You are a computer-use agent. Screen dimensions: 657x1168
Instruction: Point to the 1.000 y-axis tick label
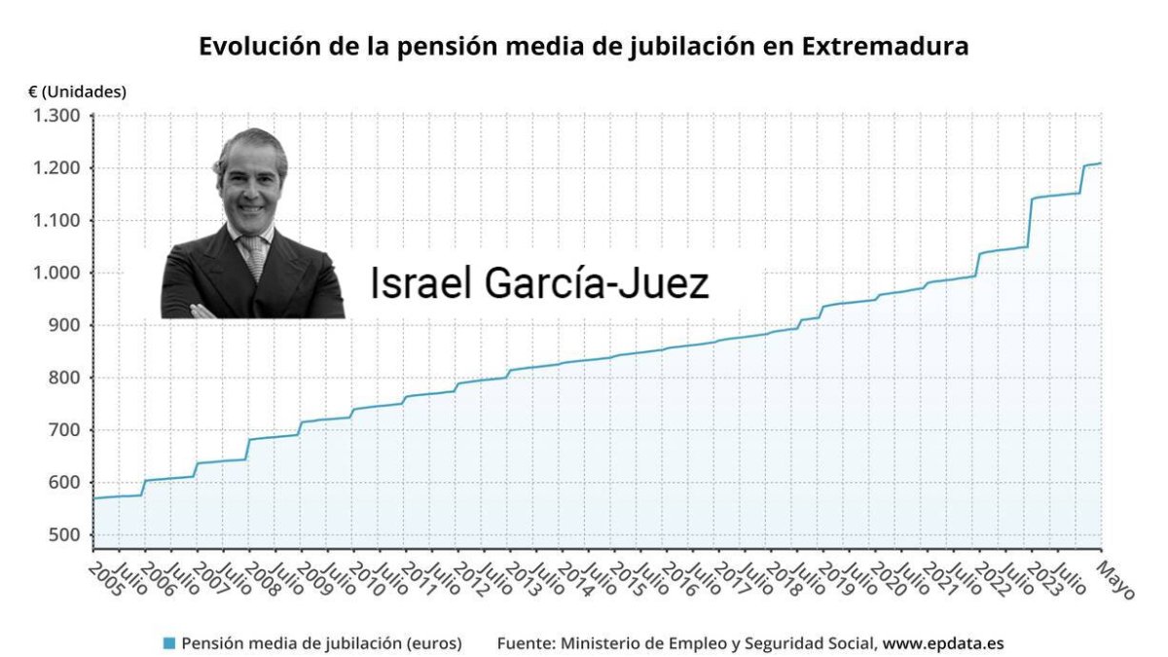click(58, 274)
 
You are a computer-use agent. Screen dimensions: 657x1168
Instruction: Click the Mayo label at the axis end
click(1116, 578)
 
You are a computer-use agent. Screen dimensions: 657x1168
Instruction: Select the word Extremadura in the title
click(885, 47)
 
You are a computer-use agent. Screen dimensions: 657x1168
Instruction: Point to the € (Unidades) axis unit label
click(77, 92)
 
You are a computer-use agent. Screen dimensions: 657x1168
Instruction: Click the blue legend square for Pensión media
click(169, 643)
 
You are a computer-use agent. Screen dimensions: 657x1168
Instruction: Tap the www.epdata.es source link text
click(943, 643)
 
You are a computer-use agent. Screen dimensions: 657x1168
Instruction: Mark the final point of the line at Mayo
click(1101, 164)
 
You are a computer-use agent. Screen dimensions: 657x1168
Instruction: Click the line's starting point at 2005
click(93, 498)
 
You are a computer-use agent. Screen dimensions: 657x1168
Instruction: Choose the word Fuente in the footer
click(525, 643)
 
